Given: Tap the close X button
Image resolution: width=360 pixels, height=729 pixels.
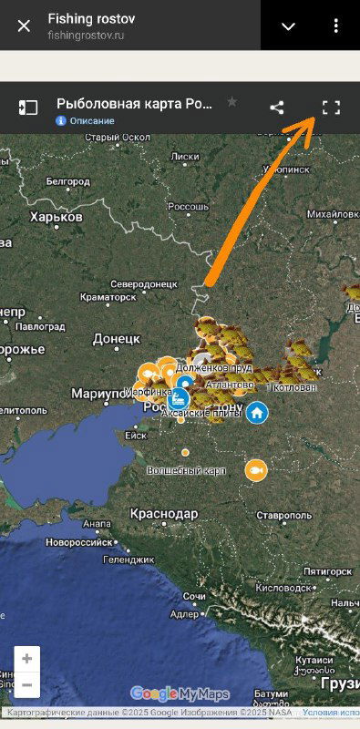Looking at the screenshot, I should (x=24, y=26).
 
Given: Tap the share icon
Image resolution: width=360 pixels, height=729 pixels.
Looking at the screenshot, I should (x=277, y=108).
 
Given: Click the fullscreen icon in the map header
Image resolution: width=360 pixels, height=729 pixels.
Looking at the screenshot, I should (x=331, y=108).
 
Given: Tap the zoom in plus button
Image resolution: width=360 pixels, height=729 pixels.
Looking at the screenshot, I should (x=27, y=659).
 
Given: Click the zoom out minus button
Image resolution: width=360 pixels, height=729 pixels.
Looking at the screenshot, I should (x=27, y=685).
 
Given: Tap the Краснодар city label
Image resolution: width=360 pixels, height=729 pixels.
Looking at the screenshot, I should (x=164, y=514).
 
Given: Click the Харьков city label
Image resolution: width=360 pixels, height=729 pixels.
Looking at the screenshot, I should (x=57, y=217).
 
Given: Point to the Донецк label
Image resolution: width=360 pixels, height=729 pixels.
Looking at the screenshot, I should (x=117, y=339).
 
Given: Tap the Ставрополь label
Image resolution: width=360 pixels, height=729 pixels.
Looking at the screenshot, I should (x=283, y=516).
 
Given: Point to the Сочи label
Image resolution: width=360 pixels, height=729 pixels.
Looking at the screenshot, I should (x=194, y=596).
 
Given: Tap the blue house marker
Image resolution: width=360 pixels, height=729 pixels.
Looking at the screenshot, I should (x=257, y=412).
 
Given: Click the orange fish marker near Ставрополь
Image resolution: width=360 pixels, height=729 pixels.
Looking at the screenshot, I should (x=256, y=470).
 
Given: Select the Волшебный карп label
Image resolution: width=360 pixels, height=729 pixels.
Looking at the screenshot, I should (x=188, y=470).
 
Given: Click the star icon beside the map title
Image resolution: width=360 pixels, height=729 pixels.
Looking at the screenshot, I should (x=231, y=102).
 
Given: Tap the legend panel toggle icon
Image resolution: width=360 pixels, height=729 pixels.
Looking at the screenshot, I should (x=27, y=108).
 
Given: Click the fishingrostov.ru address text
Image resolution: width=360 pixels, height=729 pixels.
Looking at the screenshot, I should (x=86, y=35).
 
